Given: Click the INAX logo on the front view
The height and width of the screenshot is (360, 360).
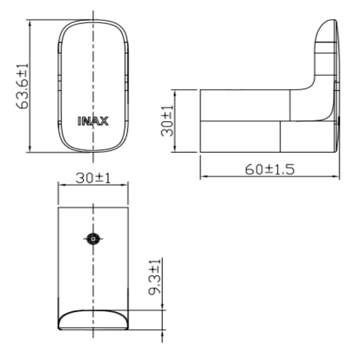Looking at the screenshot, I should click(x=93, y=121).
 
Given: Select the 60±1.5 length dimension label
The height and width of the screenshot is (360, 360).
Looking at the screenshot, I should click(x=270, y=169).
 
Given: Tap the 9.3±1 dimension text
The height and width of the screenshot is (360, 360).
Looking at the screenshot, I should click(x=155, y=276).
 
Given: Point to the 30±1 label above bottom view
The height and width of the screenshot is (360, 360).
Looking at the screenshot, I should click(x=93, y=177).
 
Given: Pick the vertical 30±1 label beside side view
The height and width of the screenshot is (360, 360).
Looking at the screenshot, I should click(x=167, y=121).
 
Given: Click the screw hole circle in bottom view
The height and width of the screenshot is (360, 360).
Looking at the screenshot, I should click(x=93, y=238).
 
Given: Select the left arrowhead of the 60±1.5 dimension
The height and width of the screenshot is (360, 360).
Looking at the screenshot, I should click(x=203, y=176).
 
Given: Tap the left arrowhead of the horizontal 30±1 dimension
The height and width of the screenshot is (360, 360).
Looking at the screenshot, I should click(x=61, y=185).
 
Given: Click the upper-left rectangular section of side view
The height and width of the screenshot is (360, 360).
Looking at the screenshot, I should click(x=245, y=105).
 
